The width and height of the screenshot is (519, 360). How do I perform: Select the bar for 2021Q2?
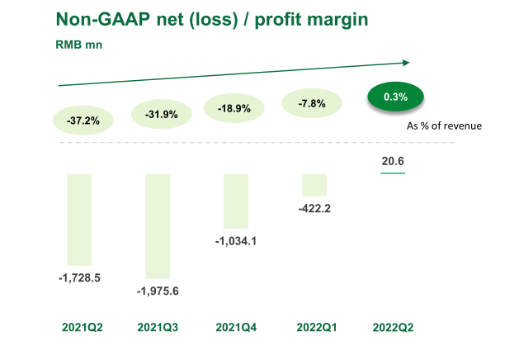point(79,218)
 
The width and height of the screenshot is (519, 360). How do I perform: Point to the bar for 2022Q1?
point(314,184)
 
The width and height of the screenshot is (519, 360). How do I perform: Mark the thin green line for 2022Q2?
point(393,173)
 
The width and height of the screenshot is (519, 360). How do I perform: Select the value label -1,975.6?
point(158,291)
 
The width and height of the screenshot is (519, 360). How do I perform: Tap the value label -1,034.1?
point(236,241)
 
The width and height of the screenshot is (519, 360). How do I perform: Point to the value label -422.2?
point(314,208)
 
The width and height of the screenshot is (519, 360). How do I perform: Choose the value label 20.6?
point(392,161)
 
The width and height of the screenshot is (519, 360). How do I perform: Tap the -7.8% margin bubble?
point(314,104)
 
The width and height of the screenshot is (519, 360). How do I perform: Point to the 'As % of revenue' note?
point(445,126)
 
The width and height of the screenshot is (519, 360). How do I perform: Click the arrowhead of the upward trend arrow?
point(405,62)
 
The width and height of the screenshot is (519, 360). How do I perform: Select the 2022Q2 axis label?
point(393,327)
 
